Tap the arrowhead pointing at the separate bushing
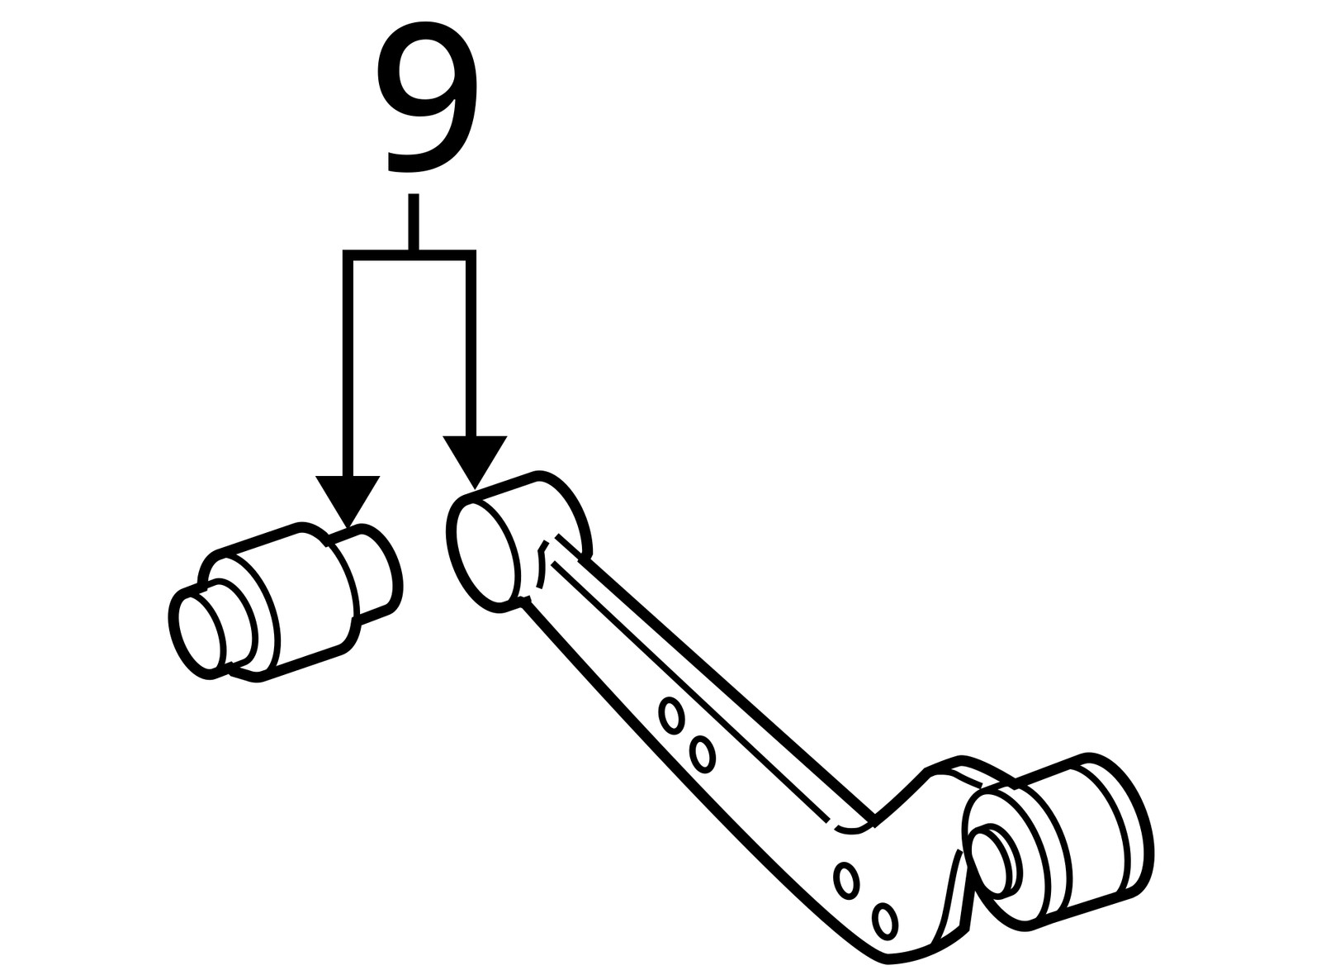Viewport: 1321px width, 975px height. pos(348,499)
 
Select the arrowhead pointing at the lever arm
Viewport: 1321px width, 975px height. pos(474,459)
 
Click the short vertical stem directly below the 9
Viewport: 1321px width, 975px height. pos(413,221)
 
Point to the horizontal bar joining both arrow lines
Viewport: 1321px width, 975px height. pos(410,254)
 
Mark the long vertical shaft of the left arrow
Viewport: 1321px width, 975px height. pos(348,364)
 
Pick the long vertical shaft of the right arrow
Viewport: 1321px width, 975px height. pos(471,347)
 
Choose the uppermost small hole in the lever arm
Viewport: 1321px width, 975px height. pos(672,714)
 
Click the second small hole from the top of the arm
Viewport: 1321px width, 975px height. pos(703,754)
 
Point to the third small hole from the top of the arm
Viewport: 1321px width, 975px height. pos(845,879)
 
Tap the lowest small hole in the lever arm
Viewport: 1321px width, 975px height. pos(885,920)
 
